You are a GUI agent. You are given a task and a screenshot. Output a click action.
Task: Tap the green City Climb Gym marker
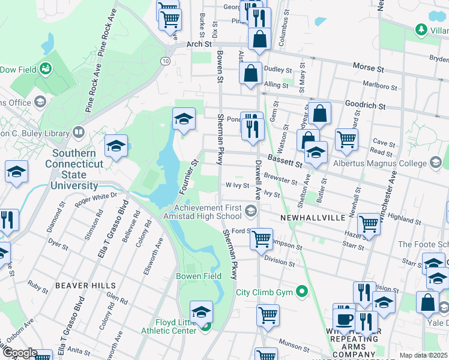[x=301, y=293]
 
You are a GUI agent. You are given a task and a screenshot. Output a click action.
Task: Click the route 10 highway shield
[x=164, y=61]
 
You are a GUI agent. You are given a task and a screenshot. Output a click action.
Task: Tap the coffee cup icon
[x=344, y=318]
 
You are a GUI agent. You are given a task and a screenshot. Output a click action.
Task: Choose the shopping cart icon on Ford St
[x=261, y=239]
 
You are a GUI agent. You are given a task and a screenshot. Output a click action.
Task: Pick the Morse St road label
[x=368, y=69]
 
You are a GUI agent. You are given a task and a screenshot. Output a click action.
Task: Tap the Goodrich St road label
[x=366, y=104]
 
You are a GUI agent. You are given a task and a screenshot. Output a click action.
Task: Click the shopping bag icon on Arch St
[x=259, y=40]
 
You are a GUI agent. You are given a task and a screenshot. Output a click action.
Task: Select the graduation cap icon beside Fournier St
[x=184, y=119]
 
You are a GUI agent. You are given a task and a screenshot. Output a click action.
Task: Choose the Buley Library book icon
[x=79, y=131]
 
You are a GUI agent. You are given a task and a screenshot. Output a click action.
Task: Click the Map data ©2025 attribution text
[x=424, y=355]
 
